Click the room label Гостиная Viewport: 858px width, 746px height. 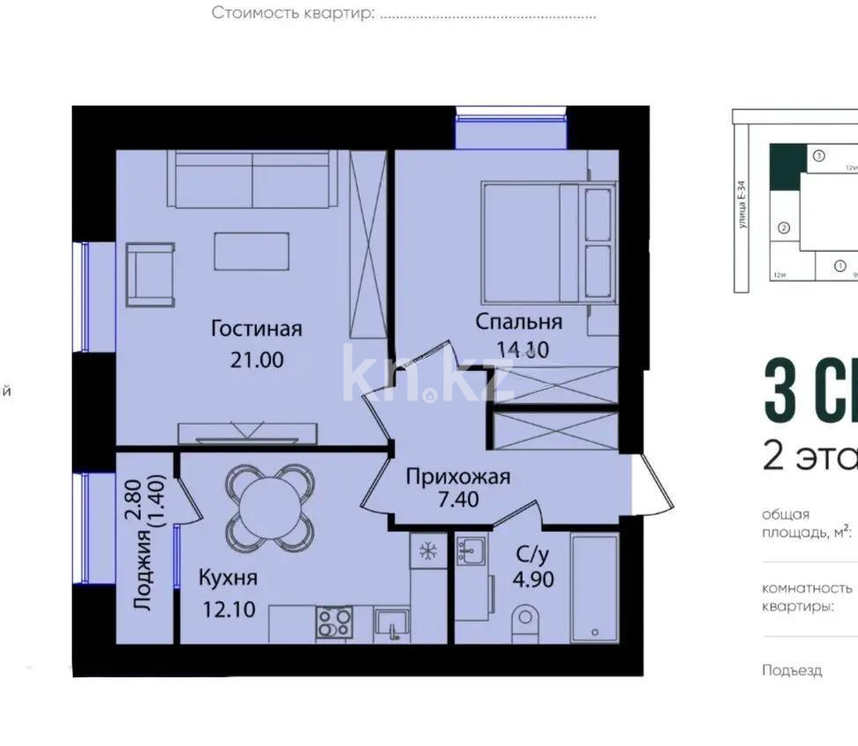tap(256, 329)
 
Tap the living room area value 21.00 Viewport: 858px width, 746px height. tap(256, 359)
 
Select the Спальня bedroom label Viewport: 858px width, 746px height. tap(518, 321)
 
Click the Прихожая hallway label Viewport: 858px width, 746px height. tap(458, 476)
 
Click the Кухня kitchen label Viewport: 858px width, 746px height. tap(227, 578)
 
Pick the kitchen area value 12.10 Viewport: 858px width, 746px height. tap(227, 609)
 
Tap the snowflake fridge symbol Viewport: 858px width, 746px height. tap(429, 552)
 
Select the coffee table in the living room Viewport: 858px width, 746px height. tap(252, 251)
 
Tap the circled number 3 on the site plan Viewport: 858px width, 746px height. tap(818, 155)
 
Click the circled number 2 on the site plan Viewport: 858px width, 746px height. tap(783, 227)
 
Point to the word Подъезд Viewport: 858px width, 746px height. tap(792, 670)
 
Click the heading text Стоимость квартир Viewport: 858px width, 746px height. tap(293, 14)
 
